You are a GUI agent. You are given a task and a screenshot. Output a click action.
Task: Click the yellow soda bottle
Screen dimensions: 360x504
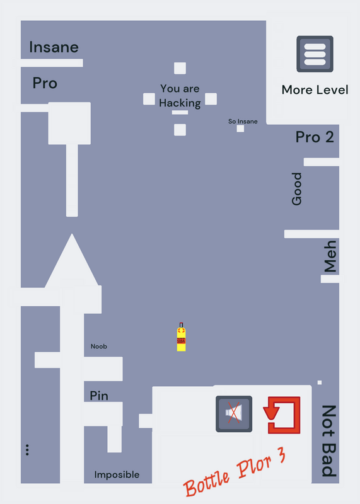[181, 337]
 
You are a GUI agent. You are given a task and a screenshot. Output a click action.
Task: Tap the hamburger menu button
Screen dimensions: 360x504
[315, 54]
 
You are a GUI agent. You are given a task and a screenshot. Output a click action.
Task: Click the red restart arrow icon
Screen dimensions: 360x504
[282, 415]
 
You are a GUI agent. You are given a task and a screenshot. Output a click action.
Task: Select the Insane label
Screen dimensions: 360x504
[54, 47]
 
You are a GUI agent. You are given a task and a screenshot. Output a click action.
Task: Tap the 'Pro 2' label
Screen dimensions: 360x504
[315, 137]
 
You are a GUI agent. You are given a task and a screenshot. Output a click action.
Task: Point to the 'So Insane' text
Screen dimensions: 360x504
[243, 122]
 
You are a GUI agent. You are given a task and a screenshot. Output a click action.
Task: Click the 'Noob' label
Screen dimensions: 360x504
[99, 346]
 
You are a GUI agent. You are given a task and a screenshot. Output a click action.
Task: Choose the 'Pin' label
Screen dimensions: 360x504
[99, 396]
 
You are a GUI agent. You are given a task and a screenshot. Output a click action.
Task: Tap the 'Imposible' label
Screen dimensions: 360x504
[117, 474]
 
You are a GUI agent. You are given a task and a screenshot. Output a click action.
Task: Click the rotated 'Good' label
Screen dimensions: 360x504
[296, 188]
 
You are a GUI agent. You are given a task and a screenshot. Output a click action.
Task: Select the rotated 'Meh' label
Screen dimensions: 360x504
[330, 256]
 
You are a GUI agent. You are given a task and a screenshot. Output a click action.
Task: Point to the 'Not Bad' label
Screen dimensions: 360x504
[329, 440]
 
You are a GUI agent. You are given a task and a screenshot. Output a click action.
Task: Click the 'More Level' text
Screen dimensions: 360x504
[315, 89]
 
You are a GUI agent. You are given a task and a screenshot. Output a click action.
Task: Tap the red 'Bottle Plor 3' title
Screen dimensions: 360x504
[235, 472]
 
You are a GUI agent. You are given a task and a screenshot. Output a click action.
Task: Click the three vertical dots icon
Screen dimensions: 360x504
[27, 450]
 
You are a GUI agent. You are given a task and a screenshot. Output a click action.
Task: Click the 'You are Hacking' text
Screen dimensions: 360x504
[180, 96]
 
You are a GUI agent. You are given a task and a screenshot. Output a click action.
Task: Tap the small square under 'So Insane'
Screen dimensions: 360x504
[240, 129]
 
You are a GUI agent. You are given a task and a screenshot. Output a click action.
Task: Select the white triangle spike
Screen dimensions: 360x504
[72, 260]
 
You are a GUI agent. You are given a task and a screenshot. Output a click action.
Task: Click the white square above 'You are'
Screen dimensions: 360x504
[180, 68]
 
